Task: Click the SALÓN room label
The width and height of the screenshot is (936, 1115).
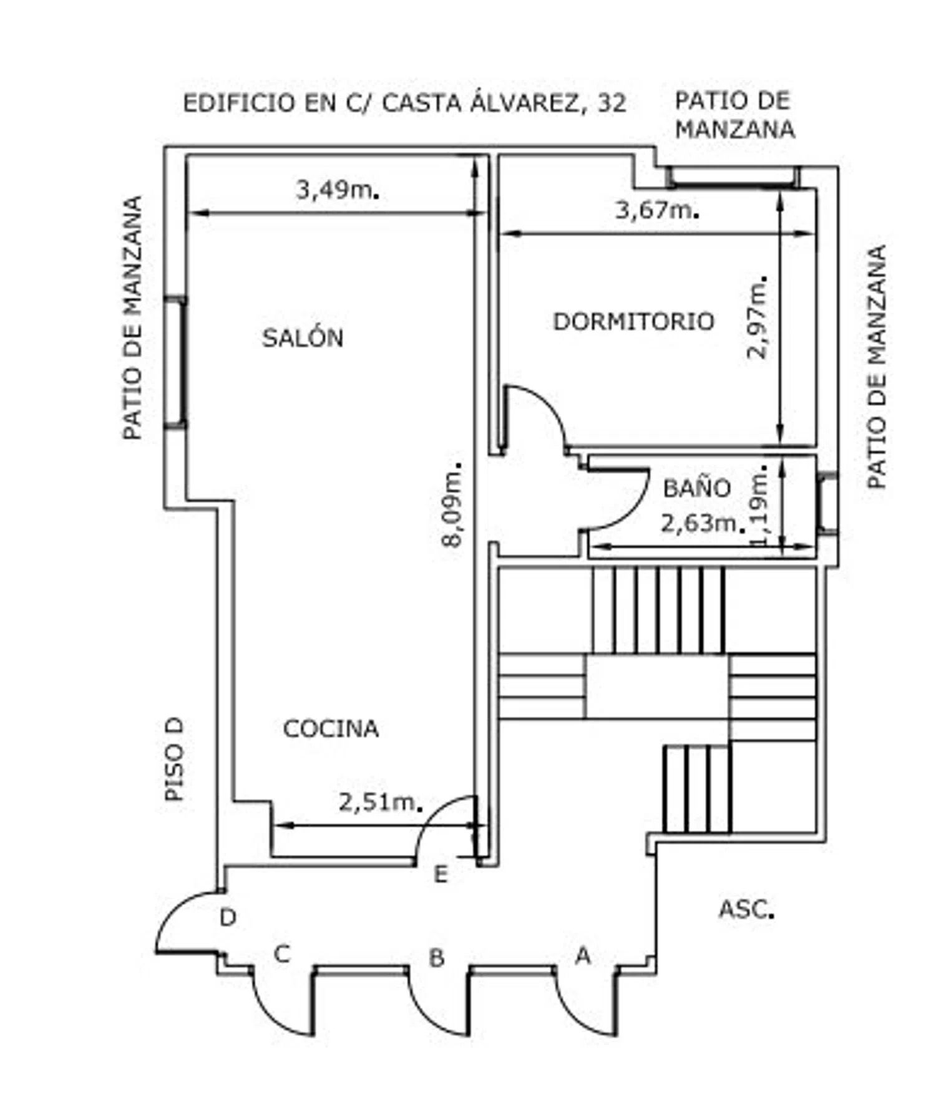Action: click(x=303, y=337)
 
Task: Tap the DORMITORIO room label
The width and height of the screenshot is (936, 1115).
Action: click(x=633, y=321)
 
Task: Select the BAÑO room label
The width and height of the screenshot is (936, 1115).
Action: click(x=696, y=487)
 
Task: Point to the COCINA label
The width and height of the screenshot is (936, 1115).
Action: click(x=331, y=728)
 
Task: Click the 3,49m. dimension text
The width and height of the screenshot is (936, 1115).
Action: click(x=338, y=189)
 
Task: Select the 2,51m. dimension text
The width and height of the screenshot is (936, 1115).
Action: click(x=381, y=802)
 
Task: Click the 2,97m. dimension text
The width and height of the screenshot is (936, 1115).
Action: click(x=757, y=316)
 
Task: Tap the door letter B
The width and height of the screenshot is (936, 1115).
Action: click(x=437, y=957)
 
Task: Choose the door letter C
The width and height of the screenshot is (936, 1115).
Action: click(x=282, y=954)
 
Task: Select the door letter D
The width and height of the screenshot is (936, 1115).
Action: click(x=228, y=917)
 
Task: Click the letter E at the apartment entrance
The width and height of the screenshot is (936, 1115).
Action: click(x=441, y=875)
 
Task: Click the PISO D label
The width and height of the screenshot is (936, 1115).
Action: click(x=174, y=759)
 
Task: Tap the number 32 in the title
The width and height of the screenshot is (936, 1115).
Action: click(x=612, y=103)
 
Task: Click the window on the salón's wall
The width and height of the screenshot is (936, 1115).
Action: click(x=175, y=362)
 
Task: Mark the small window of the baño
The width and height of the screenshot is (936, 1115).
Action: click(x=827, y=503)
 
